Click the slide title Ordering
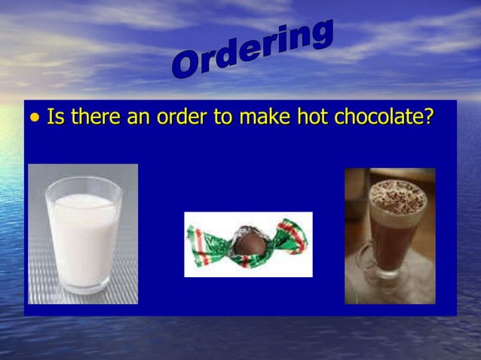pyautogui.click(x=252, y=49)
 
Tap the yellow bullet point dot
pyautogui.click(x=35, y=119)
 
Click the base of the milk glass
pyautogui.click(x=84, y=288)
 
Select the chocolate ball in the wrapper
pyautogui.click(x=247, y=243)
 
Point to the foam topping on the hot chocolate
pyautogui.click(x=398, y=194)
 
